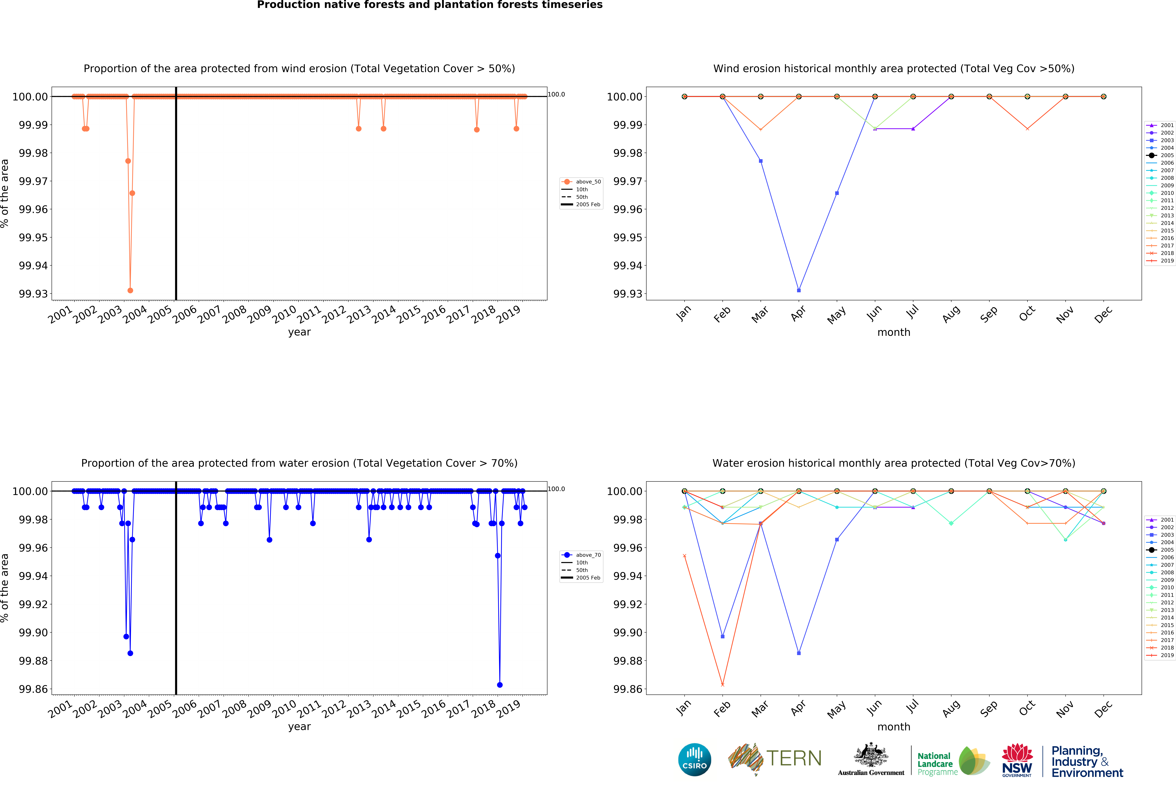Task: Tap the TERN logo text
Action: tap(794, 758)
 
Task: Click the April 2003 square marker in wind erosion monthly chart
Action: tap(799, 290)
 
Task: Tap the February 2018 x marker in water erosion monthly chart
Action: tap(722, 685)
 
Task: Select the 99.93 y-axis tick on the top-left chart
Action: tap(33, 294)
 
